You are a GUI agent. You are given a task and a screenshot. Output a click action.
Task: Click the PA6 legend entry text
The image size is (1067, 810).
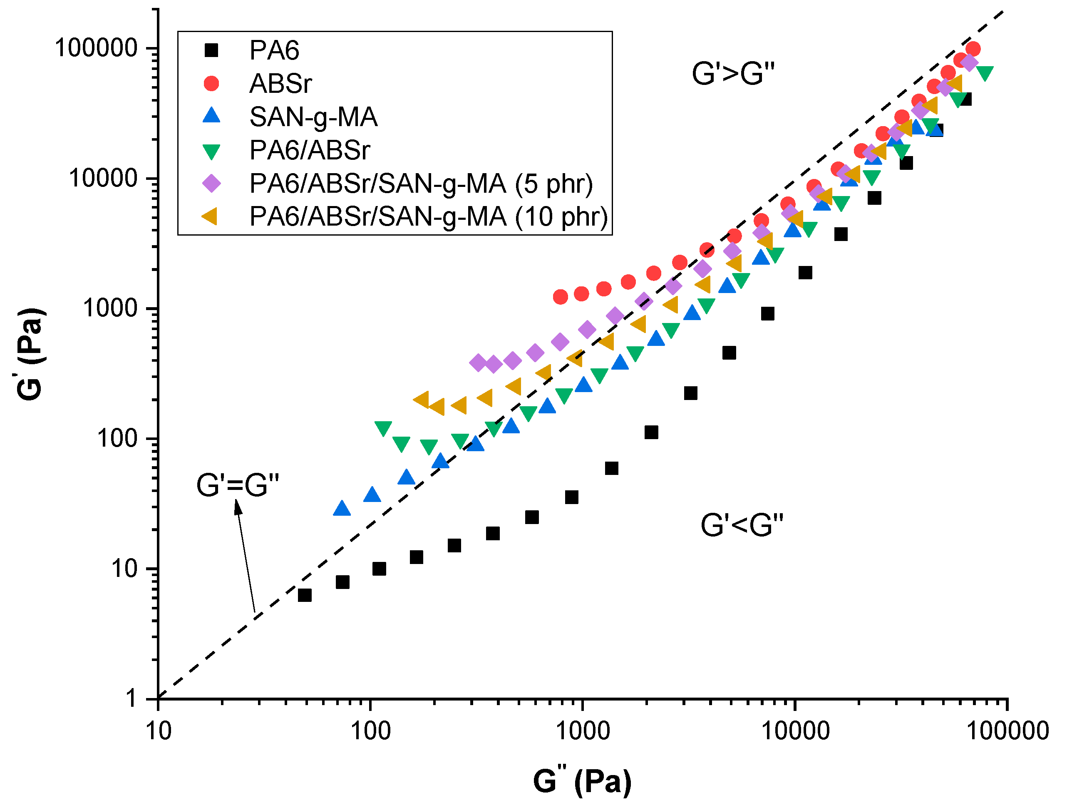tap(274, 51)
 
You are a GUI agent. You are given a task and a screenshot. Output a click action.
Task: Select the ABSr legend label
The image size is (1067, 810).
tap(280, 84)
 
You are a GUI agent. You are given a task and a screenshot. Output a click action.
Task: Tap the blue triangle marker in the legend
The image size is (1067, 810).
tap(211, 116)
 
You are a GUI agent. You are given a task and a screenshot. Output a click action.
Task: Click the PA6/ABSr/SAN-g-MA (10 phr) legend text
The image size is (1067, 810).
tap(428, 216)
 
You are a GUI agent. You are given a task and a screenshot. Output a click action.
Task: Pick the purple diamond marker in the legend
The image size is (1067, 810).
tap(211, 183)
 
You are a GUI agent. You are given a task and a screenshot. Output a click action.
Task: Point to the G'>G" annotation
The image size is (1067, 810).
tap(733, 74)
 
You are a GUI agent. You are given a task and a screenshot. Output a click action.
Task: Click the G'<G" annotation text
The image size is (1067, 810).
tap(742, 525)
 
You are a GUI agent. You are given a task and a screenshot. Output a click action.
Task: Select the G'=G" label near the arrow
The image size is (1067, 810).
tap(238, 485)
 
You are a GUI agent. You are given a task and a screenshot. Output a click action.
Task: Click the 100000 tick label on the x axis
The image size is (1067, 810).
tap(1007, 731)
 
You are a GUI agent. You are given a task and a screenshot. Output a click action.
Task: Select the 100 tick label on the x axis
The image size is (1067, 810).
tap(370, 731)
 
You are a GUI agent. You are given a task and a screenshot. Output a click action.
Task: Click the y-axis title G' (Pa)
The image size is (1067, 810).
tap(30, 354)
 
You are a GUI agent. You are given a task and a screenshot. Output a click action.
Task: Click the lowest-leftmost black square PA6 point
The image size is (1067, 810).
tap(304, 595)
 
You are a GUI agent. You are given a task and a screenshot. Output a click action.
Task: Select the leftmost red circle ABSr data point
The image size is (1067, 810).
tap(560, 297)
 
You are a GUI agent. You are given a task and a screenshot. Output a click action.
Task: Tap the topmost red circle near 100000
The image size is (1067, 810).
tap(973, 49)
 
